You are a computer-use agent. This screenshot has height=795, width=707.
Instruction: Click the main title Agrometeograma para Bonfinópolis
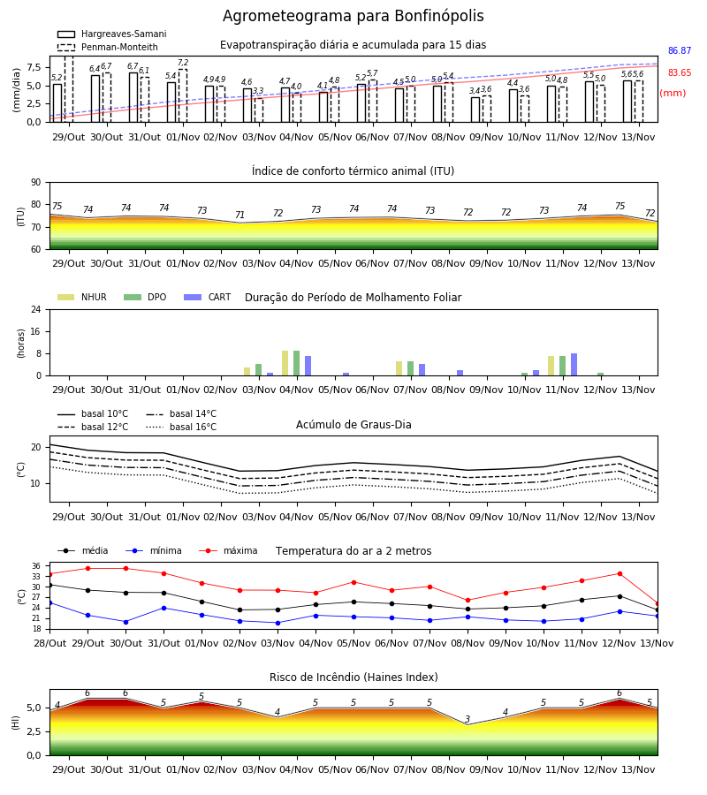point(353,16)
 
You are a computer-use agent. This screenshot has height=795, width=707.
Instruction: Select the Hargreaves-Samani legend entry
point(111,34)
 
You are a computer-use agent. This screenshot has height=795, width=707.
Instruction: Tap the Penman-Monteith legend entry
point(108,47)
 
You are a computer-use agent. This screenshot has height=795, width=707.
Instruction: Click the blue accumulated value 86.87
point(680,50)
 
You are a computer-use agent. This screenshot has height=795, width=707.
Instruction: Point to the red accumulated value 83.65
point(680,72)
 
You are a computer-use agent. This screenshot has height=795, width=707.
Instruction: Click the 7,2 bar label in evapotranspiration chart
point(183,63)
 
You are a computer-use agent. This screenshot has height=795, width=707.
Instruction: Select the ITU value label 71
point(239,215)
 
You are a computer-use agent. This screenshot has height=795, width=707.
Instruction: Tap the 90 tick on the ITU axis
point(36,183)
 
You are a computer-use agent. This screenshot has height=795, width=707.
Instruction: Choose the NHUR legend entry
point(82,297)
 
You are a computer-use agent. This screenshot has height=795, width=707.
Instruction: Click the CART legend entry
point(208,297)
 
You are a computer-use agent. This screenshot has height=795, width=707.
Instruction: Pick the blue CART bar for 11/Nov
point(574,365)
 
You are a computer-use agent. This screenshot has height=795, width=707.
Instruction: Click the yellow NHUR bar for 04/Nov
point(285,363)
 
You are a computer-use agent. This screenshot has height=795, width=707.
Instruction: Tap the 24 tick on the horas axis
point(36,309)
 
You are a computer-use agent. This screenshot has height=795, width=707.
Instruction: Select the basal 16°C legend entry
point(181,427)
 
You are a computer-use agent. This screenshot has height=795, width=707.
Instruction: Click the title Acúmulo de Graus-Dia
point(353,424)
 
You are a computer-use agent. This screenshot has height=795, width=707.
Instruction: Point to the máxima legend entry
point(228,550)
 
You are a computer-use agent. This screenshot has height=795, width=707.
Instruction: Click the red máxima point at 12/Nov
point(620,574)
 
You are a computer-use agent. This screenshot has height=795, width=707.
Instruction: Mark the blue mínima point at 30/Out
point(125,622)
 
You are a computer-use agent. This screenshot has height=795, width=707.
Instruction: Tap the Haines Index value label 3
point(468,719)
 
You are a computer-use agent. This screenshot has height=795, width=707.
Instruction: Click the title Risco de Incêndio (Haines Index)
point(353,678)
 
